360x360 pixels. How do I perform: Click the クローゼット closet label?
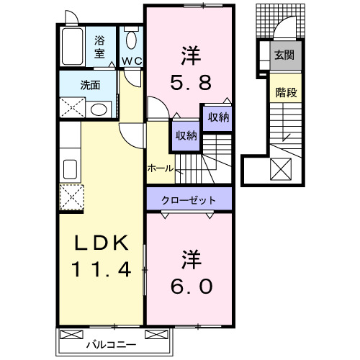[x=189, y=197]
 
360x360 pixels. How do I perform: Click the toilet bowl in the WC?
[x=131, y=40]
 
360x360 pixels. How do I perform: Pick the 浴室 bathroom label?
[x=100, y=46]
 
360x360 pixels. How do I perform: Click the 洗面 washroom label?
[x=90, y=84]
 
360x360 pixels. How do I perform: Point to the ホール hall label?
[x=159, y=168]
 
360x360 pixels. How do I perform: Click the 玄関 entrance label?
[x=284, y=54]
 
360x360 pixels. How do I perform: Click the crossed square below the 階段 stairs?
[x=281, y=170]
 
